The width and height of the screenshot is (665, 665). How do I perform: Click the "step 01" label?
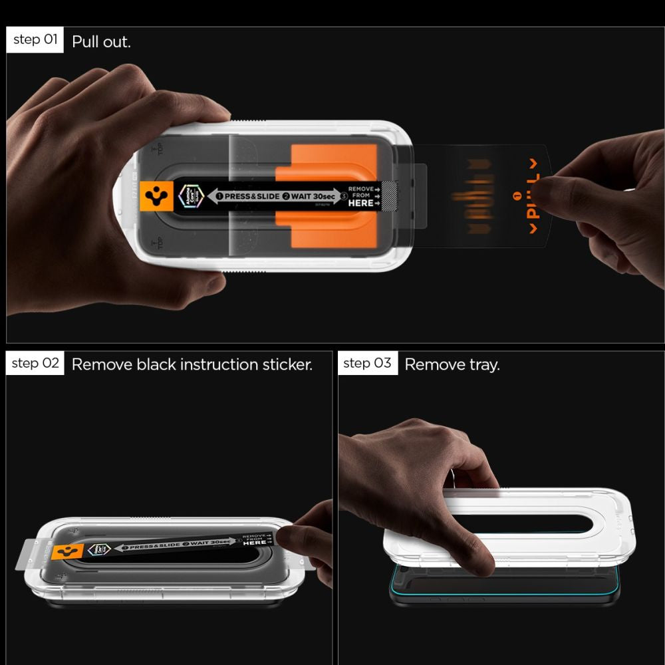coord(35,40)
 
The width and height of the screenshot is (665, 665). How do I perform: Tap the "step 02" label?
coord(35,363)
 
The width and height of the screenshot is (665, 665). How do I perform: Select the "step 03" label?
coord(368,363)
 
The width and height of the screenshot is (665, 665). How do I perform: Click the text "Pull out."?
coord(101,42)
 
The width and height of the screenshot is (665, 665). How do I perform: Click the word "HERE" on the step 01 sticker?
coord(360,203)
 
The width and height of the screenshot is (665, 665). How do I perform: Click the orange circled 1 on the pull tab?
coord(517,198)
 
